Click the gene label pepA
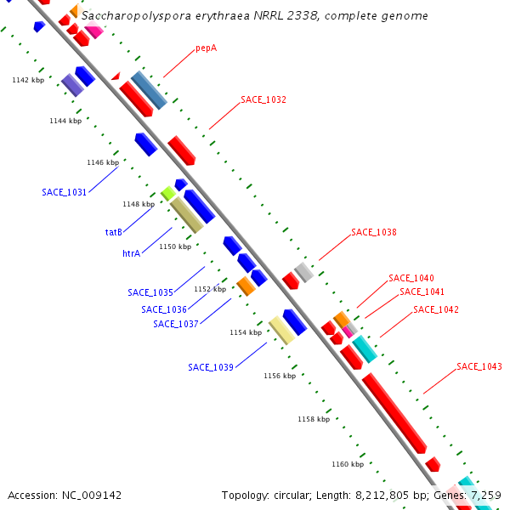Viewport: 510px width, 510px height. pyautogui.click(x=206, y=48)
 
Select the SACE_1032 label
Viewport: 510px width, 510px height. pyautogui.click(x=263, y=99)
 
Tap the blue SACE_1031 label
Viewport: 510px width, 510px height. pyautogui.click(x=65, y=192)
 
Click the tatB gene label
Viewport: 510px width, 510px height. pyautogui.click(x=114, y=232)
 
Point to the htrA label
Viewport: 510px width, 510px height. pyautogui.click(x=131, y=253)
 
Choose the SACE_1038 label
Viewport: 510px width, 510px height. pyautogui.click(x=374, y=232)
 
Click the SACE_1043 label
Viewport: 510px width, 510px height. pyautogui.click(x=479, y=366)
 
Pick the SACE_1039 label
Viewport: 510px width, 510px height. pyautogui.click(x=211, y=367)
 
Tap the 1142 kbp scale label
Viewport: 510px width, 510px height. pyautogui.click(x=28, y=80)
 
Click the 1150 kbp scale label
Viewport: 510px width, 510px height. pyautogui.click(x=175, y=246)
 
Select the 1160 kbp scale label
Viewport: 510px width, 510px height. pyautogui.click(x=348, y=464)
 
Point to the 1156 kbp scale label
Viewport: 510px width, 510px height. pyautogui.click(x=280, y=375)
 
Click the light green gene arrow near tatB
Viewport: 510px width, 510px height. pyautogui.click(x=168, y=194)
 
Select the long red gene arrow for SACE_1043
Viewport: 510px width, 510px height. pyautogui.click(x=394, y=412)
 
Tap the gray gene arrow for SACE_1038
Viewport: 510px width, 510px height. pyautogui.click(x=304, y=272)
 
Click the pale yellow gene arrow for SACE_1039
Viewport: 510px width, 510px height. pyautogui.click(x=281, y=331)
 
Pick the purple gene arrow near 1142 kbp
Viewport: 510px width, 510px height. pyautogui.click(x=72, y=84)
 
